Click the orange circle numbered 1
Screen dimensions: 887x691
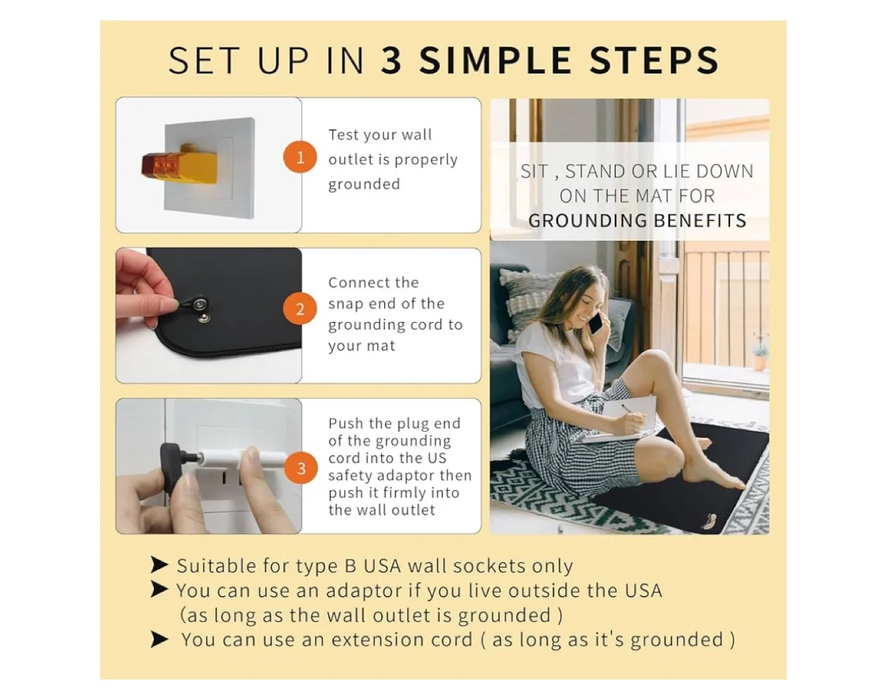(300, 157)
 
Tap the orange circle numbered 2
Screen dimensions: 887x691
(300, 309)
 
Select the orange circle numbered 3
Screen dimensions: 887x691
(301, 468)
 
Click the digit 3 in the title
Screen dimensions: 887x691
(392, 60)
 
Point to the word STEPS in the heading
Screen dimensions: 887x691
(654, 60)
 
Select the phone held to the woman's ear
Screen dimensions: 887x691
(596, 321)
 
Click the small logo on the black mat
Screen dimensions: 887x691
(708, 522)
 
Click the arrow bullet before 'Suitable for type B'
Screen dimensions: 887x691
(159, 565)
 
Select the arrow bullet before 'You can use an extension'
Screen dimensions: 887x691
(159, 639)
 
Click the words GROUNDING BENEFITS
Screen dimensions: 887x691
(637, 220)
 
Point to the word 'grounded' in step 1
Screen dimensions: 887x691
(364, 185)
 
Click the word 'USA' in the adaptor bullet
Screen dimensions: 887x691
(643, 591)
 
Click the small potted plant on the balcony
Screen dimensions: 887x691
(759, 355)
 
